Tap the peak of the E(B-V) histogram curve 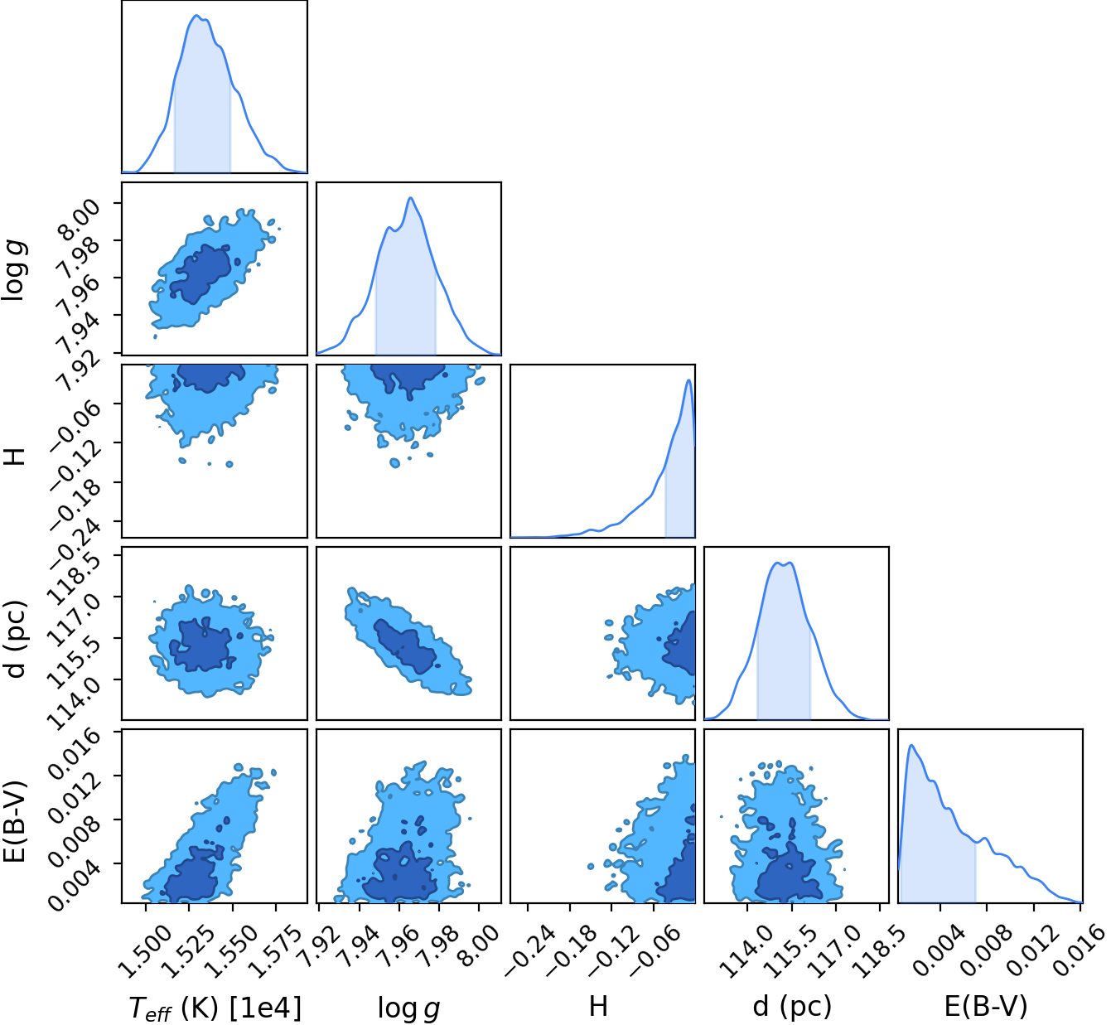point(911,745)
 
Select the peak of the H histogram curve point(688,380)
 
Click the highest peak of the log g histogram point(410,197)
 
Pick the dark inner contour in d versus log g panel point(405,647)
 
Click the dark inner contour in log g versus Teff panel point(200,274)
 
